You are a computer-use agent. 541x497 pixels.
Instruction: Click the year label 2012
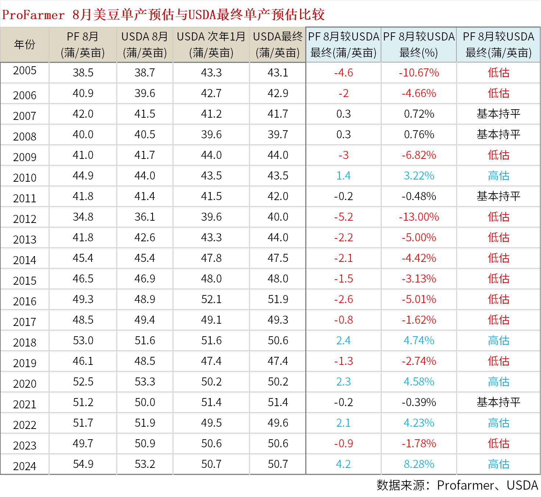25,219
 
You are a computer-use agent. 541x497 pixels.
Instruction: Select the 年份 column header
25,45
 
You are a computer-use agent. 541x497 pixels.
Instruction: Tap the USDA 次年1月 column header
211,45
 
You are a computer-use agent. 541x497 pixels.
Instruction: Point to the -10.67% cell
419,73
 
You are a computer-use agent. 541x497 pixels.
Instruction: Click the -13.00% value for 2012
419,217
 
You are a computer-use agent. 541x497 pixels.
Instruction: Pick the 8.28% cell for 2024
419,464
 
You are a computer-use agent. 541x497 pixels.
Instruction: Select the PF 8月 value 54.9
83,464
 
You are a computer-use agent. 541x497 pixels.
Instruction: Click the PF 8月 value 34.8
83,217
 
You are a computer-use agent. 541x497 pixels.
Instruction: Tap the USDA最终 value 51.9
278,299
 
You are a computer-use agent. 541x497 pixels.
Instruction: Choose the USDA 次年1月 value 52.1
211,299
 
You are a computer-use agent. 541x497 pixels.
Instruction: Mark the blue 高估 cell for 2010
498,176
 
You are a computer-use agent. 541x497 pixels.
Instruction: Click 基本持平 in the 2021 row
498,402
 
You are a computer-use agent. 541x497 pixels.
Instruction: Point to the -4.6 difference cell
344,73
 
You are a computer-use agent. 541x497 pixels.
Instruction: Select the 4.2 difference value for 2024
344,464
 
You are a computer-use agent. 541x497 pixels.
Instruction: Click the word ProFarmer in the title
33,15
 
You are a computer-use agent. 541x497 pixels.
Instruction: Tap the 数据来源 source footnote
457,485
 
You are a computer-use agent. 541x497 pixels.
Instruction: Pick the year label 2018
25,342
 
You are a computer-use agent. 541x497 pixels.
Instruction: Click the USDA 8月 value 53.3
145,382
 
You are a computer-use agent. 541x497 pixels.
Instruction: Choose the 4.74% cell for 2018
419,341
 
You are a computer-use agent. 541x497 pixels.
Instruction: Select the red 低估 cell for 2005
498,73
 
